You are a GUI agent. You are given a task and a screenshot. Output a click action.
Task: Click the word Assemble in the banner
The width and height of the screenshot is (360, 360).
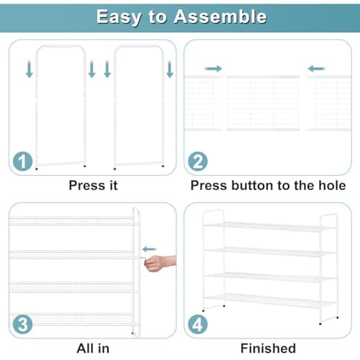220,17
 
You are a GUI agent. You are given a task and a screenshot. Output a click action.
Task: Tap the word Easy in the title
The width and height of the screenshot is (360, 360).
119,17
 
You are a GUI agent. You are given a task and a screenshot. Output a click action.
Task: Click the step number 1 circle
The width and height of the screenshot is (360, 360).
22,161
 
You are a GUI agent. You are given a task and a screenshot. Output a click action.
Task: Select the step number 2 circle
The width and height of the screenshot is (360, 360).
198,161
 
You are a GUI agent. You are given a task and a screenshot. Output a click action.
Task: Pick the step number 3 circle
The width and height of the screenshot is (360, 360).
22,325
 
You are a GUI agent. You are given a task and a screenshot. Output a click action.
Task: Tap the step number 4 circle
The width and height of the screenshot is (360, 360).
198,325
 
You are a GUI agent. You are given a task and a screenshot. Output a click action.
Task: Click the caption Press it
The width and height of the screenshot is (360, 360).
93,185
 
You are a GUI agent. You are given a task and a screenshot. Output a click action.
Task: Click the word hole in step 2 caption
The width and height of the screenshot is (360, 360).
332,185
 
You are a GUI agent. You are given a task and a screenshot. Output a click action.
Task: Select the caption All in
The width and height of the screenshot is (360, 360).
93,348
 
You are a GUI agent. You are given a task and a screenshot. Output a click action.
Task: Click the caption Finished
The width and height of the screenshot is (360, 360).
268,348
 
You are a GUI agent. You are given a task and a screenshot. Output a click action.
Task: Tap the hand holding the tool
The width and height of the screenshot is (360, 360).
161,264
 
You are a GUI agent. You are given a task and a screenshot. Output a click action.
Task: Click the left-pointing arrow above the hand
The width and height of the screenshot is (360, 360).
149,249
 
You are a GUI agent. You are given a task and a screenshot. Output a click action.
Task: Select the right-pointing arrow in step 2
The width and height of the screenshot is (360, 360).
213,68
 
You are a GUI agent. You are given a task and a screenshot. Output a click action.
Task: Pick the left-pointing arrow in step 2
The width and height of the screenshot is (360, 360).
316,68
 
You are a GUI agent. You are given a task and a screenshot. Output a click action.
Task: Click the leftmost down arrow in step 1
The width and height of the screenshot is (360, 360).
30,69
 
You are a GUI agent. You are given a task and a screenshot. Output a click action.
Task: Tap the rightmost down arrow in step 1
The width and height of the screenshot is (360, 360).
170,69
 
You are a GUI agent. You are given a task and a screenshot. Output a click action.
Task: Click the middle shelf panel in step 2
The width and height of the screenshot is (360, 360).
263,103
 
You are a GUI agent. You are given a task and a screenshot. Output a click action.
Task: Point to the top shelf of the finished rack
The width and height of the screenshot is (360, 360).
269,227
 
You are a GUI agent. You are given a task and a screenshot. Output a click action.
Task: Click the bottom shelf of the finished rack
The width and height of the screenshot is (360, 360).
270,301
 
